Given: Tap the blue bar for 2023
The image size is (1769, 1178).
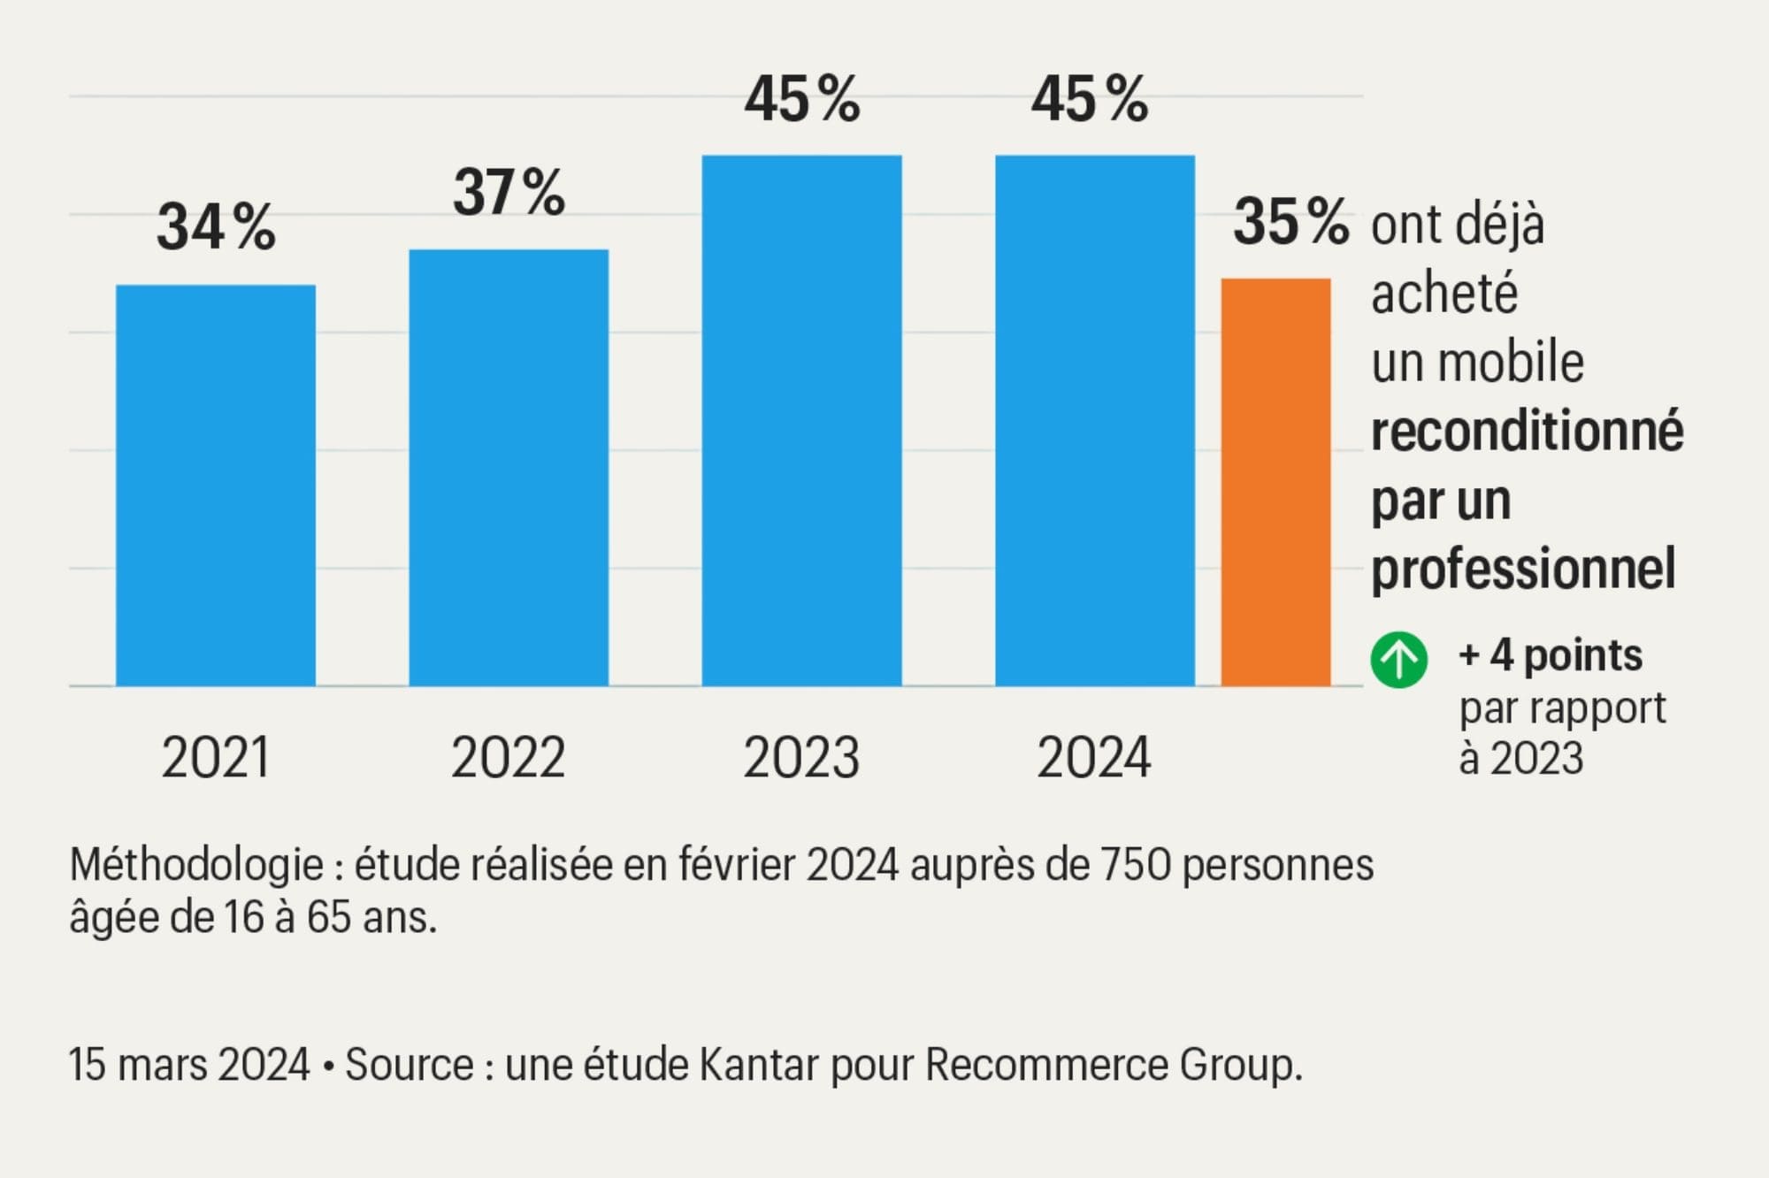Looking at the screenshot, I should click(801, 420).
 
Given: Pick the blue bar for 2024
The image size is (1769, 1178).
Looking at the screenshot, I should click(1095, 420).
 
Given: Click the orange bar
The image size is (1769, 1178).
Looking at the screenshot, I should click(1275, 482).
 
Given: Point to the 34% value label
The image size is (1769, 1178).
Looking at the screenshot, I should click(216, 227).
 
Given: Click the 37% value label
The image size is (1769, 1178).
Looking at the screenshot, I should click(509, 192).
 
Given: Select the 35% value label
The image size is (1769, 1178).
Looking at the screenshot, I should click(1290, 221).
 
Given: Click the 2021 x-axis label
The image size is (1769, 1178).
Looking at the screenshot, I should click(216, 758).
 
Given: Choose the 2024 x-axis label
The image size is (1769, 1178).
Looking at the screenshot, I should click(1094, 758).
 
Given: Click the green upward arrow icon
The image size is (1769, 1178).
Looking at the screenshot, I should click(1398, 660).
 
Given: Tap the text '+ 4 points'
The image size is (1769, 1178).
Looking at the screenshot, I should click(1551, 655).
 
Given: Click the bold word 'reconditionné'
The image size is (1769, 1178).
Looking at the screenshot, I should click(1527, 432).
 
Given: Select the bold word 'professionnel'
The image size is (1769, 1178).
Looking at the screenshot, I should click(1523, 569).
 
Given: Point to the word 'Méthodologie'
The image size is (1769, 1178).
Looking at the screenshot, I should click(196, 865).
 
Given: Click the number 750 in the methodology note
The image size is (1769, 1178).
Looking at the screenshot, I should click(1135, 865).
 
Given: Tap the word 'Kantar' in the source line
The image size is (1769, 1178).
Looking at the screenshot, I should click(758, 1065).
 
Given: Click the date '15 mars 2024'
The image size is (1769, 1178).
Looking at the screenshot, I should click(189, 1065).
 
